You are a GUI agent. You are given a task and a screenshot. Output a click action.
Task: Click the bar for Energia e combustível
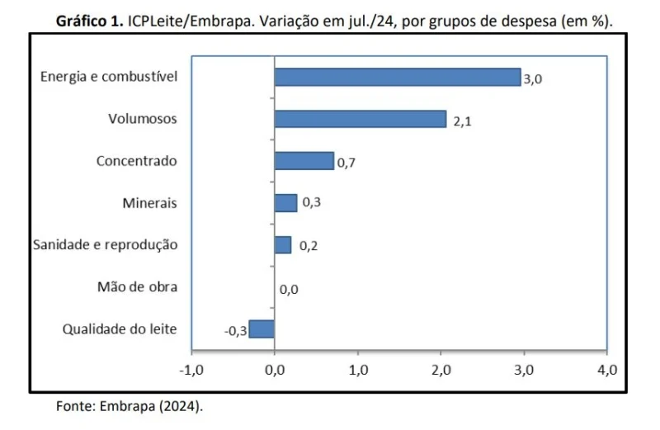click(x=397, y=77)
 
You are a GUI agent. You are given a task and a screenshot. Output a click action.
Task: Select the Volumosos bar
click(x=360, y=119)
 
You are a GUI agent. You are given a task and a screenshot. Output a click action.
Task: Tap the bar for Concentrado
click(x=304, y=160)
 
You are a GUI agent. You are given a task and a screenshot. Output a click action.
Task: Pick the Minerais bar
click(x=285, y=203)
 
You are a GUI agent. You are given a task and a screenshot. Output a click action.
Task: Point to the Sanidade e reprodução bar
click(x=283, y=245)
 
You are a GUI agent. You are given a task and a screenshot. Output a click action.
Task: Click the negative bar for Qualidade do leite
click(x=262, y=328)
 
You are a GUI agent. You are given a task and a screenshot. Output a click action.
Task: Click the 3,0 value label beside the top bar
click(x=533, y=79)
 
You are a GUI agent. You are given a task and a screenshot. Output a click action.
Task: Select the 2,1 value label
click(x=462, y=121)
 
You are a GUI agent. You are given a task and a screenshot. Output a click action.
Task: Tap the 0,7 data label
click(x=346, y=163)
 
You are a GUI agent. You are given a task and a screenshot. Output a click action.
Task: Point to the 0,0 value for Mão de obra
click(x=289, y=289)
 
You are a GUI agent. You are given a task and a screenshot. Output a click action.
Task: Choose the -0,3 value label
click(x=235, y=331)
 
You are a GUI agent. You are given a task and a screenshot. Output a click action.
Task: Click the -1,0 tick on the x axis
click(x=191, y=369)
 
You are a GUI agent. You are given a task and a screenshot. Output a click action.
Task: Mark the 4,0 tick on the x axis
click(x=606, y=369)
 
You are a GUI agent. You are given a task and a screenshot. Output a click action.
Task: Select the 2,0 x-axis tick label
click(x=440, y=369)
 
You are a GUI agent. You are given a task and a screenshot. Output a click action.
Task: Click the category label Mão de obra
click(x=137, y=287)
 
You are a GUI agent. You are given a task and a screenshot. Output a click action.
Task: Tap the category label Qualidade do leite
click(x=120, y=329)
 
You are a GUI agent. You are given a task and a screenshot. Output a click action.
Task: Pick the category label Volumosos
click(x=143, y=119)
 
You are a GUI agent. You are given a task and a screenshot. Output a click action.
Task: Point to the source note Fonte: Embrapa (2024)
click(x=129, y=406)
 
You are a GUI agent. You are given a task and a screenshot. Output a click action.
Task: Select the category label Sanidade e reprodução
click(x=105, y=245)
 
